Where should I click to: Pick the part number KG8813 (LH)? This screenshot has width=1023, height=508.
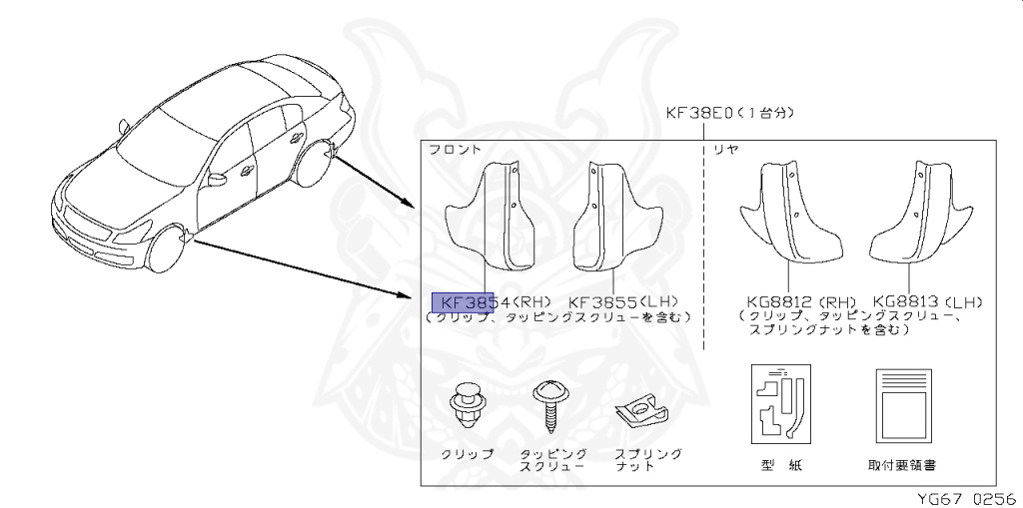[927, 301]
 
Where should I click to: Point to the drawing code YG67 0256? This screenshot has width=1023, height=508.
[965, 496]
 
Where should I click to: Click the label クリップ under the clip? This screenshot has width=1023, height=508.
[468, 454]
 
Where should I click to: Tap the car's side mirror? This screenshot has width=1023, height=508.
[216, 180]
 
